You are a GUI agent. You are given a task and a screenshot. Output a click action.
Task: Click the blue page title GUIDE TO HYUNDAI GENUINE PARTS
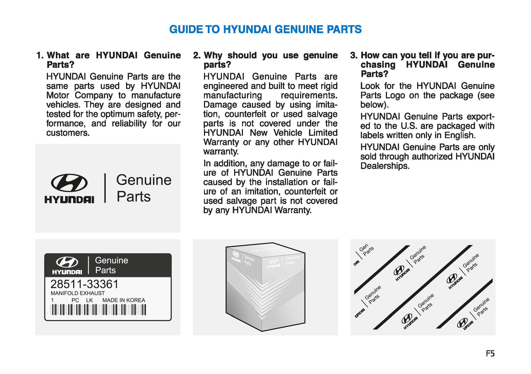pyautogui.click(x=265, y=29)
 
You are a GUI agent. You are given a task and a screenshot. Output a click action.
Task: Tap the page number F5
pyautogui.click(x=490, y=353)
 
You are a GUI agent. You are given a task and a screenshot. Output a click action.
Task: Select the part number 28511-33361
pyautogui.click(x=85, y=284)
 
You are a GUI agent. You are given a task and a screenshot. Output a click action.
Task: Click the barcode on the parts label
pyautogui.click(x=98, y=310)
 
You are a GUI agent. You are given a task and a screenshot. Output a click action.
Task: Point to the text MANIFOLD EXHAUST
pyautogui.click(x=78, y=293)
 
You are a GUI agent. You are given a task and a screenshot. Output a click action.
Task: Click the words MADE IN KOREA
pyautogui.click(x=123, y=300)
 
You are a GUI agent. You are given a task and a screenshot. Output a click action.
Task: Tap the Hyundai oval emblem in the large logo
pyautogui.click(x=69, y=183)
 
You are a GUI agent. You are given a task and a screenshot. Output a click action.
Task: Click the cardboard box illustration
pyautogui.click(x=265, y=287)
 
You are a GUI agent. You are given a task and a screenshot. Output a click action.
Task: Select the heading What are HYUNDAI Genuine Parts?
pyautogui.click(x=114, y=60)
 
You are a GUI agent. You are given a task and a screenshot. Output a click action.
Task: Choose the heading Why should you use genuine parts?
pyautogui.click(x=270, y=60)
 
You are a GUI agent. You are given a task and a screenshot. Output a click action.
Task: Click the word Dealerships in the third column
pyautogui.click(x=384, y=166)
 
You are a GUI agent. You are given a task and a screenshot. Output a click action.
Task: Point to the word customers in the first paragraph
pyautogui.click(x=68, y=133)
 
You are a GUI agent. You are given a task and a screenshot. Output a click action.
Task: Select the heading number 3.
pyautogui.click(x=353, y=55)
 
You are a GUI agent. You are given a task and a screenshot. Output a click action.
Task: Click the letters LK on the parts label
pyautogui.click(x=89, y=300)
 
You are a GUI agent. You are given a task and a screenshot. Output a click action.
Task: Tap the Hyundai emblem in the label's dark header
pyautogui.click(x=67, y=262)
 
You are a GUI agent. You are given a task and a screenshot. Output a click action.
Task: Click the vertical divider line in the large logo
pyautogui.click(x=105, y=188)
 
